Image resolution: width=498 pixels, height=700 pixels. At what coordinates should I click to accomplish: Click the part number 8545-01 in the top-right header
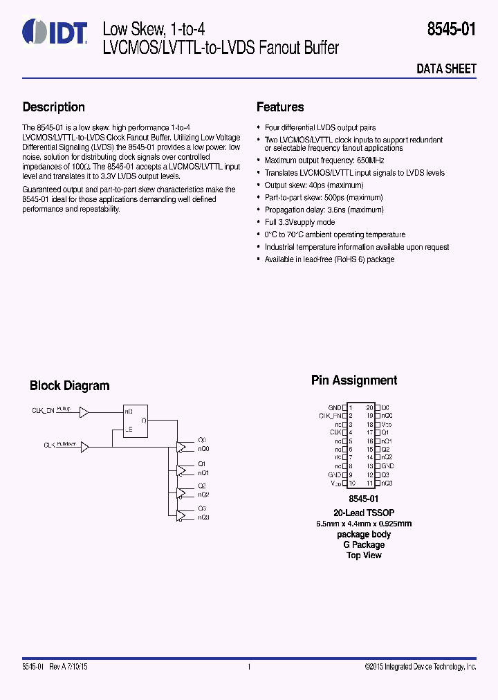(x=452, y=30)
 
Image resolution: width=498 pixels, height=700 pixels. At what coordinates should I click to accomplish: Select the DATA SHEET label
(x=446, y=69)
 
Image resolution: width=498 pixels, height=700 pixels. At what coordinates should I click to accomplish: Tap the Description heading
(x=54, y=107)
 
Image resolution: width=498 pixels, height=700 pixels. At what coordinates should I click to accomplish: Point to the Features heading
(x=280, y=107)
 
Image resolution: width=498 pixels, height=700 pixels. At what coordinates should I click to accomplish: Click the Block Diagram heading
(x=69, y=386)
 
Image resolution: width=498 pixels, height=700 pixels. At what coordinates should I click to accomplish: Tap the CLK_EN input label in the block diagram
(x=43, y=411)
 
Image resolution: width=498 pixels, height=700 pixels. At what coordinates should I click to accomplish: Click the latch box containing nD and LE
(x=136, y=420)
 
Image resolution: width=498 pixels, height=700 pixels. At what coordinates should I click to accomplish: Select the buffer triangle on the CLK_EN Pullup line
(x=84, y=412)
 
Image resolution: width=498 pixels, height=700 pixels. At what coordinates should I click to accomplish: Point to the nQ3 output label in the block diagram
(x=203, y=517)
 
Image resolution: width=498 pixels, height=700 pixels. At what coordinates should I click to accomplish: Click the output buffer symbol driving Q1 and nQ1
(x=182, y=470)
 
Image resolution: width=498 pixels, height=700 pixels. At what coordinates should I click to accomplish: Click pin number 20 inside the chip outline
(x=369, y=407)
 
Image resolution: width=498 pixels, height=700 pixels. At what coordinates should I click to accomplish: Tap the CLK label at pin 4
(x=335, y=432)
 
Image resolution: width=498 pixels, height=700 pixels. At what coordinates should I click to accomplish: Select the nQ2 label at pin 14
(x=387, y=457)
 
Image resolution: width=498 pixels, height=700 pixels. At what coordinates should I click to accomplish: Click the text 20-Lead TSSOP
(x=364, y=513)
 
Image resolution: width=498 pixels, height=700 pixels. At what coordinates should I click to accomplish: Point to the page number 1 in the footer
(x=248, y=667)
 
